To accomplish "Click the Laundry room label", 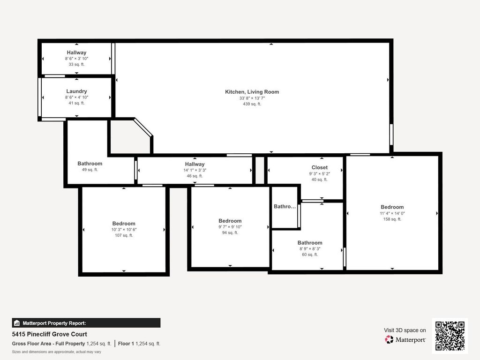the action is (x=76, y=91).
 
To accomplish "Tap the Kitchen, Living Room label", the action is (x=252, y=92).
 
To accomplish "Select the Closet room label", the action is (x=320, y=167).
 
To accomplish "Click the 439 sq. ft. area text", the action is (x=252, y=104).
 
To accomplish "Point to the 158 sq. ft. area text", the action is (x=392, y=219).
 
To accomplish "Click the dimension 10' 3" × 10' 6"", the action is (x=124, y=230).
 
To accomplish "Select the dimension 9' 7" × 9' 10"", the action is (x=230, y=227).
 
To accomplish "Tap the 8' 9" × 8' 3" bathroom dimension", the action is (x=310, y=249).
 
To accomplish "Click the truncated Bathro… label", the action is (x=285, y=207).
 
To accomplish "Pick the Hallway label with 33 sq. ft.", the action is (x=76, y=52).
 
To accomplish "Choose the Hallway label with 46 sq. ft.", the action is (x=195, y=164).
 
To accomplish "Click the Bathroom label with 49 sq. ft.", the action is (x=90, y=164).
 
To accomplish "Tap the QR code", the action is (x=450, y=336).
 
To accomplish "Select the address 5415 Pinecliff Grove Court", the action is (x=50, y=334).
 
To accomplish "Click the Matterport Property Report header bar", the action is (x=86, y=323).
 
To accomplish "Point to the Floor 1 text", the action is (x=126, y=344).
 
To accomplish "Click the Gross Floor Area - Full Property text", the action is (x=48, y=344).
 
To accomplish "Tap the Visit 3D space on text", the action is (x=405, y=330).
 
